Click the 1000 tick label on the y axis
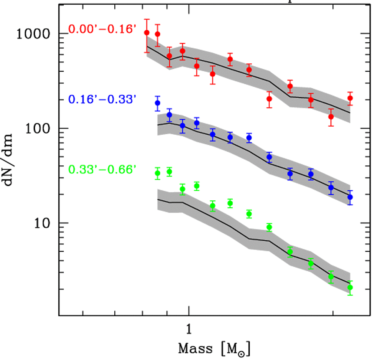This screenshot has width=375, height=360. click(x=35, y=35)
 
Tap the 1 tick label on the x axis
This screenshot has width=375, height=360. click(x=188, y=329)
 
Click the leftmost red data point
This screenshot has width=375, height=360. click(x=146, y=33)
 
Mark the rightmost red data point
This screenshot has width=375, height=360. click(x=350, y=98)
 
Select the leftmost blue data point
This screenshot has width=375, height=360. click(x=157, y=103)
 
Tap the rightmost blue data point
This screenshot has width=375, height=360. click(x=350, y=197)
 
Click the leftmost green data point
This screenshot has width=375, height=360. click(x=157, y=173)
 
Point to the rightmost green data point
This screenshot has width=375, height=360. click(x=350, y=287)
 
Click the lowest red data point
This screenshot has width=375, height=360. click(x=331, y=117)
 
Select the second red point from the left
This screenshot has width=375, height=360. click(x=157, y=34)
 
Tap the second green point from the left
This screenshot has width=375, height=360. click(x=169, y=172)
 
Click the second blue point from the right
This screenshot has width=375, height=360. click(x=331, y=188)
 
